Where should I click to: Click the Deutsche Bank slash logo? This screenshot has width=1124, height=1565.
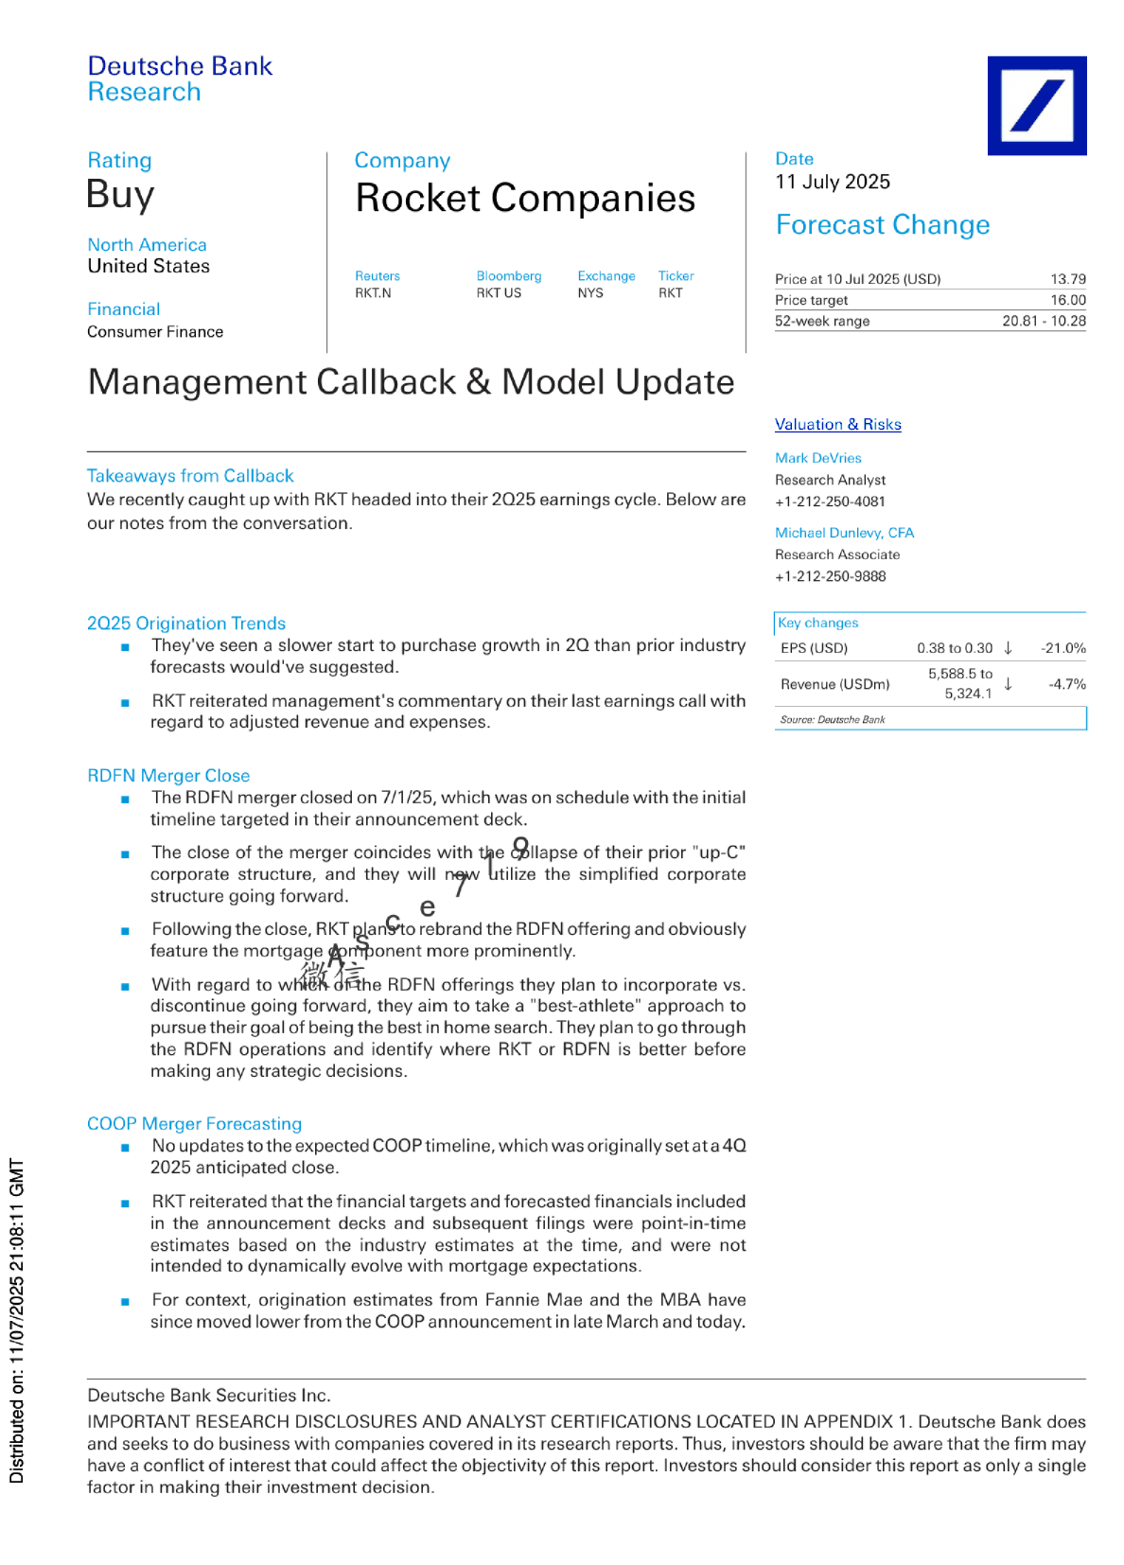click(1036, 105)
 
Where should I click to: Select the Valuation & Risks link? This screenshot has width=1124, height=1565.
click(837, 425)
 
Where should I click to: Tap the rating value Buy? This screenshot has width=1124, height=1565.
click(120, 195)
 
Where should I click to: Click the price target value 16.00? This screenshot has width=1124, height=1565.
click(1067, 300)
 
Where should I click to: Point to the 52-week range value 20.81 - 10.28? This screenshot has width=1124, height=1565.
click(1044, 321)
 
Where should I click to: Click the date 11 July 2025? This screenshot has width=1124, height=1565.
click(832, 182)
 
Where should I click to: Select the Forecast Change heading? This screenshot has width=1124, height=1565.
click(882, 225)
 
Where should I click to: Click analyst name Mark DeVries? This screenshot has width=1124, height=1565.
click(817, 458)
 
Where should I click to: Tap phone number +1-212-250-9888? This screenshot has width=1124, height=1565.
click(830, 576)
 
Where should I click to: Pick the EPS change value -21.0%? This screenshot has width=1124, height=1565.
click(1063, 648)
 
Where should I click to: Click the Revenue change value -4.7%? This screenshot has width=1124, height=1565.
click(1066, 684)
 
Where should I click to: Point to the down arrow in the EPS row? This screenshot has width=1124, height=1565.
click(1008, 648)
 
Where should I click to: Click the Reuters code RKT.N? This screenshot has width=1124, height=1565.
click(373, 293)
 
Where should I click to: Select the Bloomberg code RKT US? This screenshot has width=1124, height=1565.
click(499, 293)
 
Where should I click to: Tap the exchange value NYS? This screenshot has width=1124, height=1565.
click(590, 293)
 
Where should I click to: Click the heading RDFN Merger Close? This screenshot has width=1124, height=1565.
click(168, 776)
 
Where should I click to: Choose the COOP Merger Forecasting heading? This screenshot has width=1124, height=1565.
click(194, 1124)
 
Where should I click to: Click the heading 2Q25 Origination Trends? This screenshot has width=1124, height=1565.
click(185, 624)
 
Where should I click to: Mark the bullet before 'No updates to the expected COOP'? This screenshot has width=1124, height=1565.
click(125, 1148)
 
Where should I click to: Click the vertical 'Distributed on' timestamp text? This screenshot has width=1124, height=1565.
click(16, 1320)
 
